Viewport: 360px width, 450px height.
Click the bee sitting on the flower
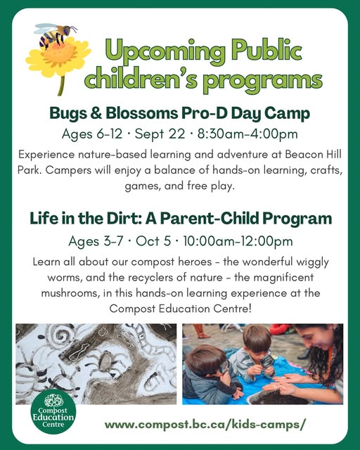pyautogui.click(x=55, y=35)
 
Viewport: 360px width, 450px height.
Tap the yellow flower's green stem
pyautogui.click(x=61, y=85)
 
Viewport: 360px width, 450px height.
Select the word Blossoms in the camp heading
pyautogui.click(x=142, y=113)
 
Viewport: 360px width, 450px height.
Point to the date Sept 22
pyautogui.click(x=160, y=134)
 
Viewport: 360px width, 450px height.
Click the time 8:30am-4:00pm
pyautogui.click(x=247, y=134)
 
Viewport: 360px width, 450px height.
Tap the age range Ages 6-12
pyautogui.click(x=92, y=134)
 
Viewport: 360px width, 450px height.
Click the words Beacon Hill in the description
pyautogui.click(x=313, y=155)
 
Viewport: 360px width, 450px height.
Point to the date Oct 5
pyautogui.click(x=153, y=241)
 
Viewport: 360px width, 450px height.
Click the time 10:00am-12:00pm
pyautogui.click(x=238, y=241)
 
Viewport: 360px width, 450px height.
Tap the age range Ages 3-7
pyautogui.click(x=96, y=241)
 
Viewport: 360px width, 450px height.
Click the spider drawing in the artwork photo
pyautogui.click(x=107, y=362)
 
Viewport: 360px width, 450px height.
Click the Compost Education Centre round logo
pyautogui.click(x=53, y=411)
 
